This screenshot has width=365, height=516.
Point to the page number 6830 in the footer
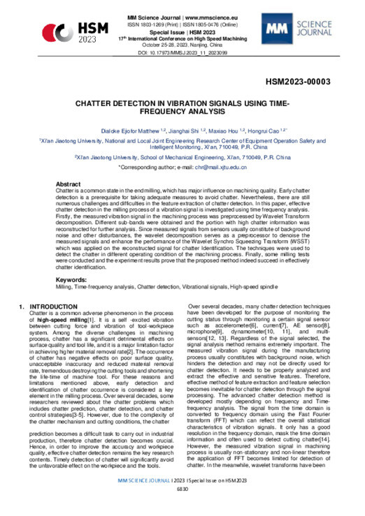coord(182,509)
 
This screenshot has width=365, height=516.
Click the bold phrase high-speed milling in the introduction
coord(63,321)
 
